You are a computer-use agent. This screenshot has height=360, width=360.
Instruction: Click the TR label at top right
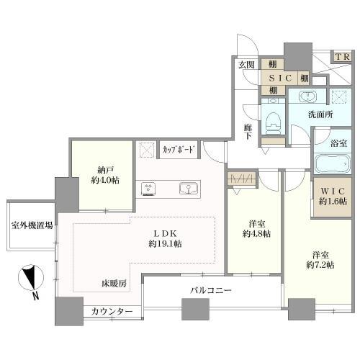click(x=341, y=56)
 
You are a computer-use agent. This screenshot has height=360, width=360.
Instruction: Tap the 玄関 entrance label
click(x=248, y=65)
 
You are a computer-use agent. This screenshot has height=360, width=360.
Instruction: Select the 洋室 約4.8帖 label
click(x=256, y=228)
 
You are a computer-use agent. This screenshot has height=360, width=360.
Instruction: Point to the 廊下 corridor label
click(x=247, y=131)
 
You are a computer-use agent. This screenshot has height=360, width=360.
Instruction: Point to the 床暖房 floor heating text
click(x=114, y=284)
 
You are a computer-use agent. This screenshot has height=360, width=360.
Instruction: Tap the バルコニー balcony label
click(x=210, y=290)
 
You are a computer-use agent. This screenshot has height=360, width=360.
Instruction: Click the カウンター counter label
click(x=112, y=312)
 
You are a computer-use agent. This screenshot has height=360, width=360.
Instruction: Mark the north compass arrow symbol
click(x=30, y=278)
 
